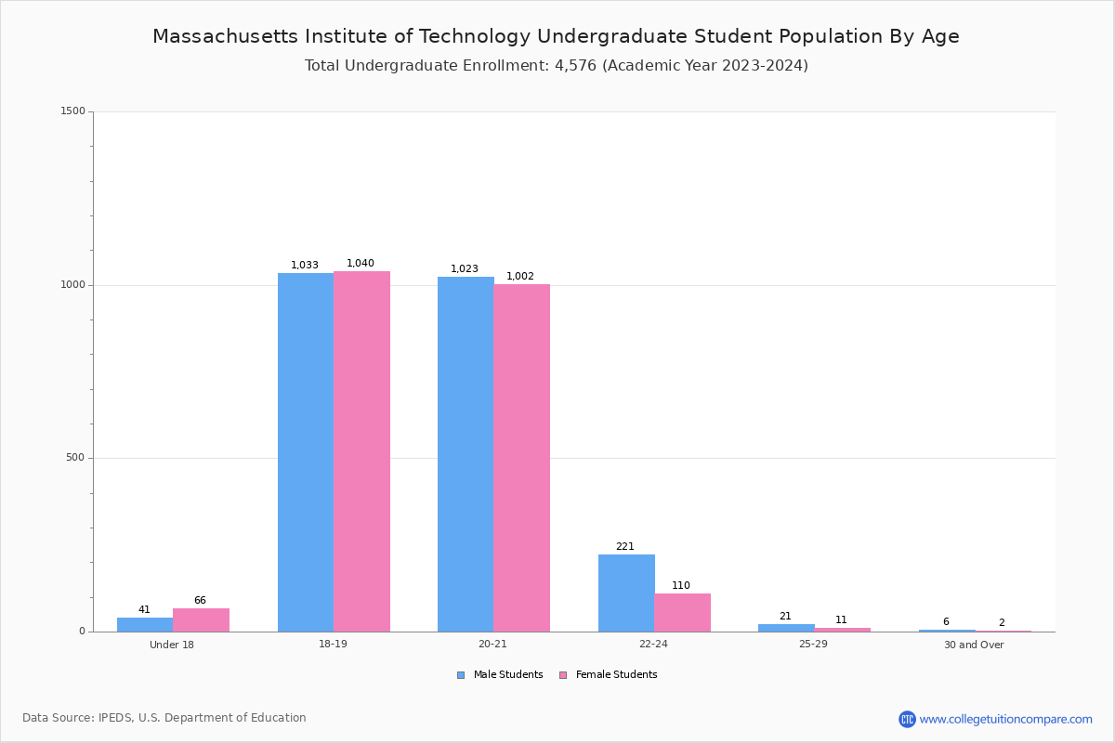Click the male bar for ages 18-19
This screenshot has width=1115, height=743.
306,452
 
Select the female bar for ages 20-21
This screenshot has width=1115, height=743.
521,458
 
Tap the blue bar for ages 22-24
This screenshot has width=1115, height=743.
626,593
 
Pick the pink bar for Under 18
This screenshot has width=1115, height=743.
201,620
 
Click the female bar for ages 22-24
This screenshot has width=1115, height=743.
682,612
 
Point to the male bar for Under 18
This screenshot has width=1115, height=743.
145,624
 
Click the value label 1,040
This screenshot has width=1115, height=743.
361,264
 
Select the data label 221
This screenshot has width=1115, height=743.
625,547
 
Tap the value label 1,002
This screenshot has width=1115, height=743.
520,277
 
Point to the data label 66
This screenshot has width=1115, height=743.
200,601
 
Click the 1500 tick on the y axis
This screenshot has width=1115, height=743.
73,111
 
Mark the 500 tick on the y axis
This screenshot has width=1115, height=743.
76,458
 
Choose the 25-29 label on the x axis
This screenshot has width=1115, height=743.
813,645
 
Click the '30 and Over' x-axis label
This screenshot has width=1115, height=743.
974,645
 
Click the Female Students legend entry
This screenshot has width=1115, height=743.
609,675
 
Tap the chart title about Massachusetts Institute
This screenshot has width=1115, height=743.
556,36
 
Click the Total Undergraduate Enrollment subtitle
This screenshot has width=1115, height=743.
556,66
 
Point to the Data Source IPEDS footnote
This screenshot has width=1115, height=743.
164,718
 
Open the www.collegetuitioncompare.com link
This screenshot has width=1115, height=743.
1005,719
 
